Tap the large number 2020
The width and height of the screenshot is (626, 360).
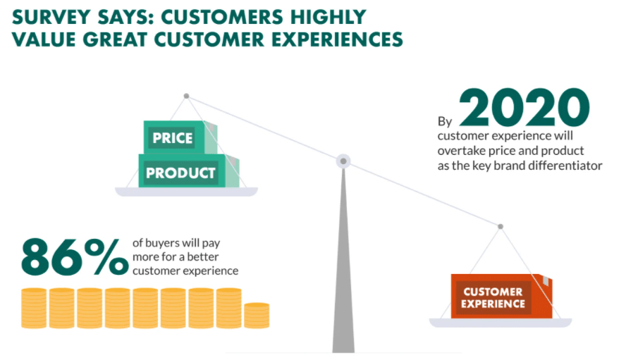pos(524,108)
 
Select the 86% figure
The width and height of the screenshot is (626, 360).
pos(75,257)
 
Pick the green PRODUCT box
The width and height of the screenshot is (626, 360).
pos(188,170)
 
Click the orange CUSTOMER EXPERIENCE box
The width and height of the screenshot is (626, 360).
pos(501,296)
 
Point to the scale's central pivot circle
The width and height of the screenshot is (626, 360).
pos(343,161)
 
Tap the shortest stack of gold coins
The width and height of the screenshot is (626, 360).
pos(257,316)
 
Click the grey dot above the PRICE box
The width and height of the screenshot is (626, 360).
pos(186,97)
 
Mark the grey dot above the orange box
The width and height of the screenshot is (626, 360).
pos(501,226)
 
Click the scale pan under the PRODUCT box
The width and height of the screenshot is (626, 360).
pos(186,192)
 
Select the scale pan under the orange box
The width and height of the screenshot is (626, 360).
pos(501,323)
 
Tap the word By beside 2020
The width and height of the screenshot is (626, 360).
pos(445,121)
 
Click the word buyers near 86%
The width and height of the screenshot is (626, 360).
pos(162,243)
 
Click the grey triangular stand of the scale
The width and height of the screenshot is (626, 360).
pos(343,259)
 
